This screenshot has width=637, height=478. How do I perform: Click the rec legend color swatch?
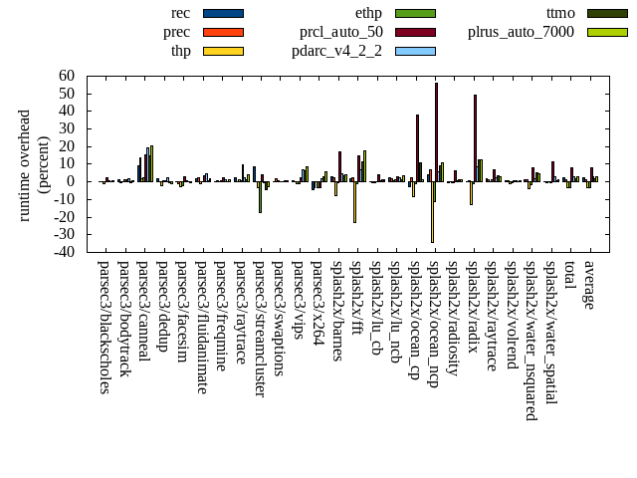point(223,13)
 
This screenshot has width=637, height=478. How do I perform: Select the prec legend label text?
point(177,32)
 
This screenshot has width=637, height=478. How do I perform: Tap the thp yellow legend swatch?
point(223,51)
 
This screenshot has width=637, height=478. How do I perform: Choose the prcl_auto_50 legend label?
point(341,32)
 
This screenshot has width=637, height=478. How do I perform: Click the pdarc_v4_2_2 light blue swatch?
point(415,51)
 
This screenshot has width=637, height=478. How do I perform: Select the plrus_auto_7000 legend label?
point(521,32)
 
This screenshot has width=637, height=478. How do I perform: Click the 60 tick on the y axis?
point(67,76)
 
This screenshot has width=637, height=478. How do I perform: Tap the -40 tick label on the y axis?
point(64,252)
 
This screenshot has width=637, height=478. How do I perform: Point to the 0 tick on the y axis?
point(72,181)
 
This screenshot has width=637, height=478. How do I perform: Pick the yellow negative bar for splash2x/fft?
point(354,201)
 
